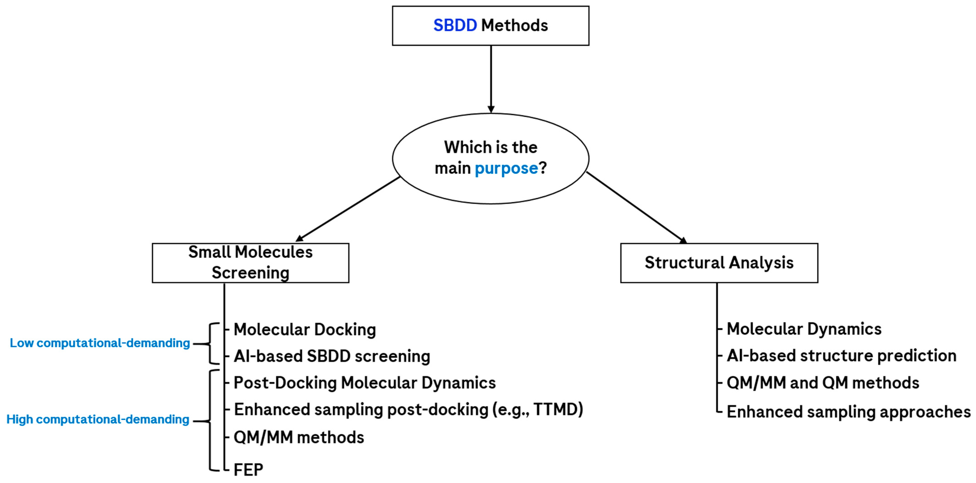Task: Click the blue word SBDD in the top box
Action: (x=455, y=25)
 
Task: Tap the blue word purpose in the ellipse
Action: (x=506, y=168)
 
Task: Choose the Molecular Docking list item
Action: (x=305, y=330)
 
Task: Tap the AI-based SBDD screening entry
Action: (x=332, y=356)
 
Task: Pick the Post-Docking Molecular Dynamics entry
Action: (x=365, y=383)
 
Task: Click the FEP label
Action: (x=248, y=470)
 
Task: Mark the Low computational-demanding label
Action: (x=100, y=343)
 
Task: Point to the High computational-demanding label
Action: (x=98, y=419)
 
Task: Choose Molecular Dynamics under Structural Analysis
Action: (x=804, y=329)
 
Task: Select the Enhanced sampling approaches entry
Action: (x=849, y=412)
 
